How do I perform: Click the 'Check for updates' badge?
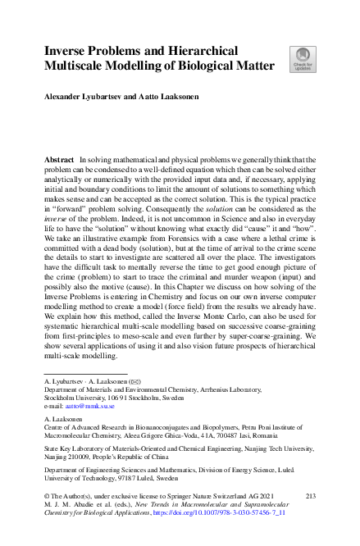coord(301,59)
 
